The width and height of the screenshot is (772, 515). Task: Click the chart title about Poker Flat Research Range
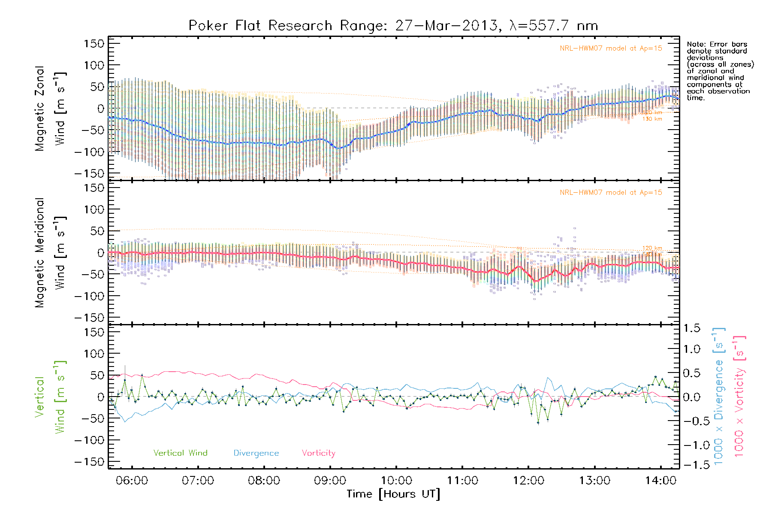(x=393, y=26)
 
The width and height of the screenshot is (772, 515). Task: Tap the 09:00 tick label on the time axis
(x=330, y=481)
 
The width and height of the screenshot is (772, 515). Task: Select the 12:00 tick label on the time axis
(x=528, y=481)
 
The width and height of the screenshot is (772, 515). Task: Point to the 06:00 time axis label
(x=132, y=481)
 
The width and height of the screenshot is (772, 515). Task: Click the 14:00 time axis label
(x=660, y=481)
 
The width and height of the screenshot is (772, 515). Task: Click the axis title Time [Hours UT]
(x=393, y=494)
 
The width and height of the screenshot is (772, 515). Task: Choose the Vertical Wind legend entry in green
(x=180, y=453)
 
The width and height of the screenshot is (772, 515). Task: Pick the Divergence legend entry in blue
(x=256, y=453)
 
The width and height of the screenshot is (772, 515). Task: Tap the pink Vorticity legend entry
(x=318, y=453)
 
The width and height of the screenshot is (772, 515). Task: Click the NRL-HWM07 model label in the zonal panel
(x=611, y=48)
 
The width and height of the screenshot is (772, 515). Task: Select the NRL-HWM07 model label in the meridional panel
(x=611, y=193)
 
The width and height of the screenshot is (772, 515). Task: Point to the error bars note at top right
(x=720, y=71)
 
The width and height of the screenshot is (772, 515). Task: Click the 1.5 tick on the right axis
(x=691, y=328)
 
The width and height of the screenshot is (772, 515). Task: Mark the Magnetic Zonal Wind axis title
(x=50, y=108)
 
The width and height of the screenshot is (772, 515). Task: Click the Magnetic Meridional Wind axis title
(x=50, y=253)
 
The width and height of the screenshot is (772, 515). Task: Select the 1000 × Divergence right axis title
(x=719, y=397)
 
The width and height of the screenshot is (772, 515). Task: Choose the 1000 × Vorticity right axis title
(x=739, y=397)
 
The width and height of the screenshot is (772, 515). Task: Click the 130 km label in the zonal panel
(x=652, y=119)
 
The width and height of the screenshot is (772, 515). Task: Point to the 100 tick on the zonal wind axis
(x=94, y=65)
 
